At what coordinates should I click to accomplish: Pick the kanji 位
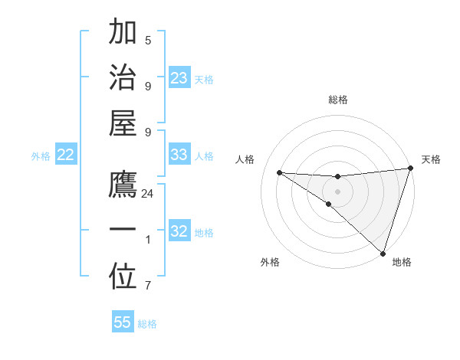pos(123,279)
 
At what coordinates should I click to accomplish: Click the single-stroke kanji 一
pos(123,230)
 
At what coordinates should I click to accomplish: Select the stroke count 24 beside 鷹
pos(148,194)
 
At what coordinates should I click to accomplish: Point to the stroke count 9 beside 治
pos(148,86)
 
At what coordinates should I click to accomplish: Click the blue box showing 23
pos(179,78)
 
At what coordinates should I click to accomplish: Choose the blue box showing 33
pos(179,155)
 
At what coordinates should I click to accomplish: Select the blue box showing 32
pos(179,231)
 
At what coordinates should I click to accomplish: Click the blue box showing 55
pos(123,322)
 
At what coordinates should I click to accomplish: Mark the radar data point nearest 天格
pos(410,169)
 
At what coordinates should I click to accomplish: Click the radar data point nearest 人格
pos(280,172)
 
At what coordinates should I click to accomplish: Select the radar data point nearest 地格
pos(383,254)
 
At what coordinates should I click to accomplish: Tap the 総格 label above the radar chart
pos(338,100)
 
